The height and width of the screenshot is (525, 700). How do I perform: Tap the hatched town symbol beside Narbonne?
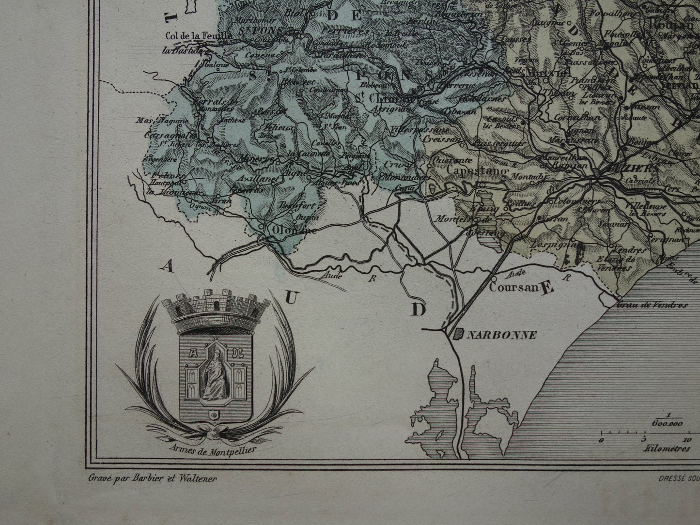click(458, 333)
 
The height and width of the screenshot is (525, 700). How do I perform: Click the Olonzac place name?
click(289, 230)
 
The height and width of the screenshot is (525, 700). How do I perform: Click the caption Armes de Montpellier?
click(213, 448)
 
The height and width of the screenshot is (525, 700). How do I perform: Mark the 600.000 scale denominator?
click(667, 422)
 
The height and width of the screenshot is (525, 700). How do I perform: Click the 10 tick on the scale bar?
click(686, 440)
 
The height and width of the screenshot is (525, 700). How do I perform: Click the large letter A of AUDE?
click(168, 265)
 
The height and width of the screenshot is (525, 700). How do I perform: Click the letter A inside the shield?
click(191, 353)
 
